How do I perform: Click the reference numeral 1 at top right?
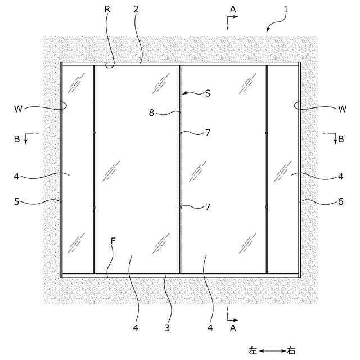(286, 10)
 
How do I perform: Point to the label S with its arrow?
(208, 93)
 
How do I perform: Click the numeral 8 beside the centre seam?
(151, 112)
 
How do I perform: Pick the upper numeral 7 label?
(208, 133)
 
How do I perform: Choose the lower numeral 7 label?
(208, 206)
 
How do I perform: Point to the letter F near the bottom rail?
(113, 241)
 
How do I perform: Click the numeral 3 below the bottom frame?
(167, 326)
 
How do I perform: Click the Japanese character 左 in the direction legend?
(253, 350)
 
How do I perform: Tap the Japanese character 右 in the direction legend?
(291, 350)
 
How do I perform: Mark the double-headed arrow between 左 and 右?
(272, 350)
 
